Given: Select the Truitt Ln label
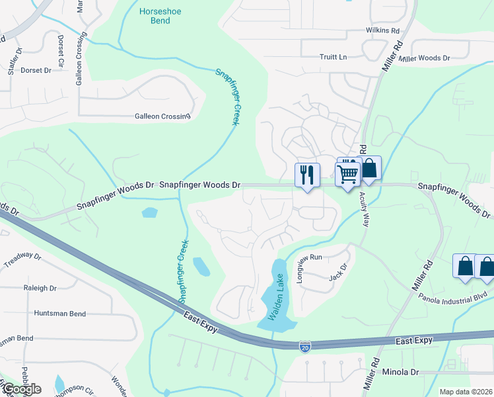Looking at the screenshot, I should pyautogui.click(x=334, y=57).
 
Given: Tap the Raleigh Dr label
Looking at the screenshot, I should pyautogui.click(x=40, y=288).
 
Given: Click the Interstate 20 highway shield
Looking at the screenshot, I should pyautogui.click(x=304, y=346).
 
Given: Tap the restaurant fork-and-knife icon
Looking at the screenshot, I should pyautogui.click(x=307, y=175).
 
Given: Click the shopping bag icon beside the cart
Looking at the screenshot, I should pyautogui.click(x=370, y=169).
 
